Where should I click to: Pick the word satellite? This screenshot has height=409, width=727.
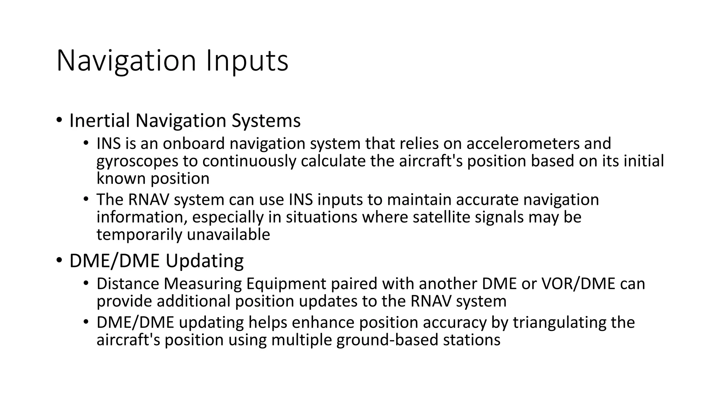(x=441, y=217)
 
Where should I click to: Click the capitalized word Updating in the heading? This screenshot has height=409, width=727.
(x=204, y=261)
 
